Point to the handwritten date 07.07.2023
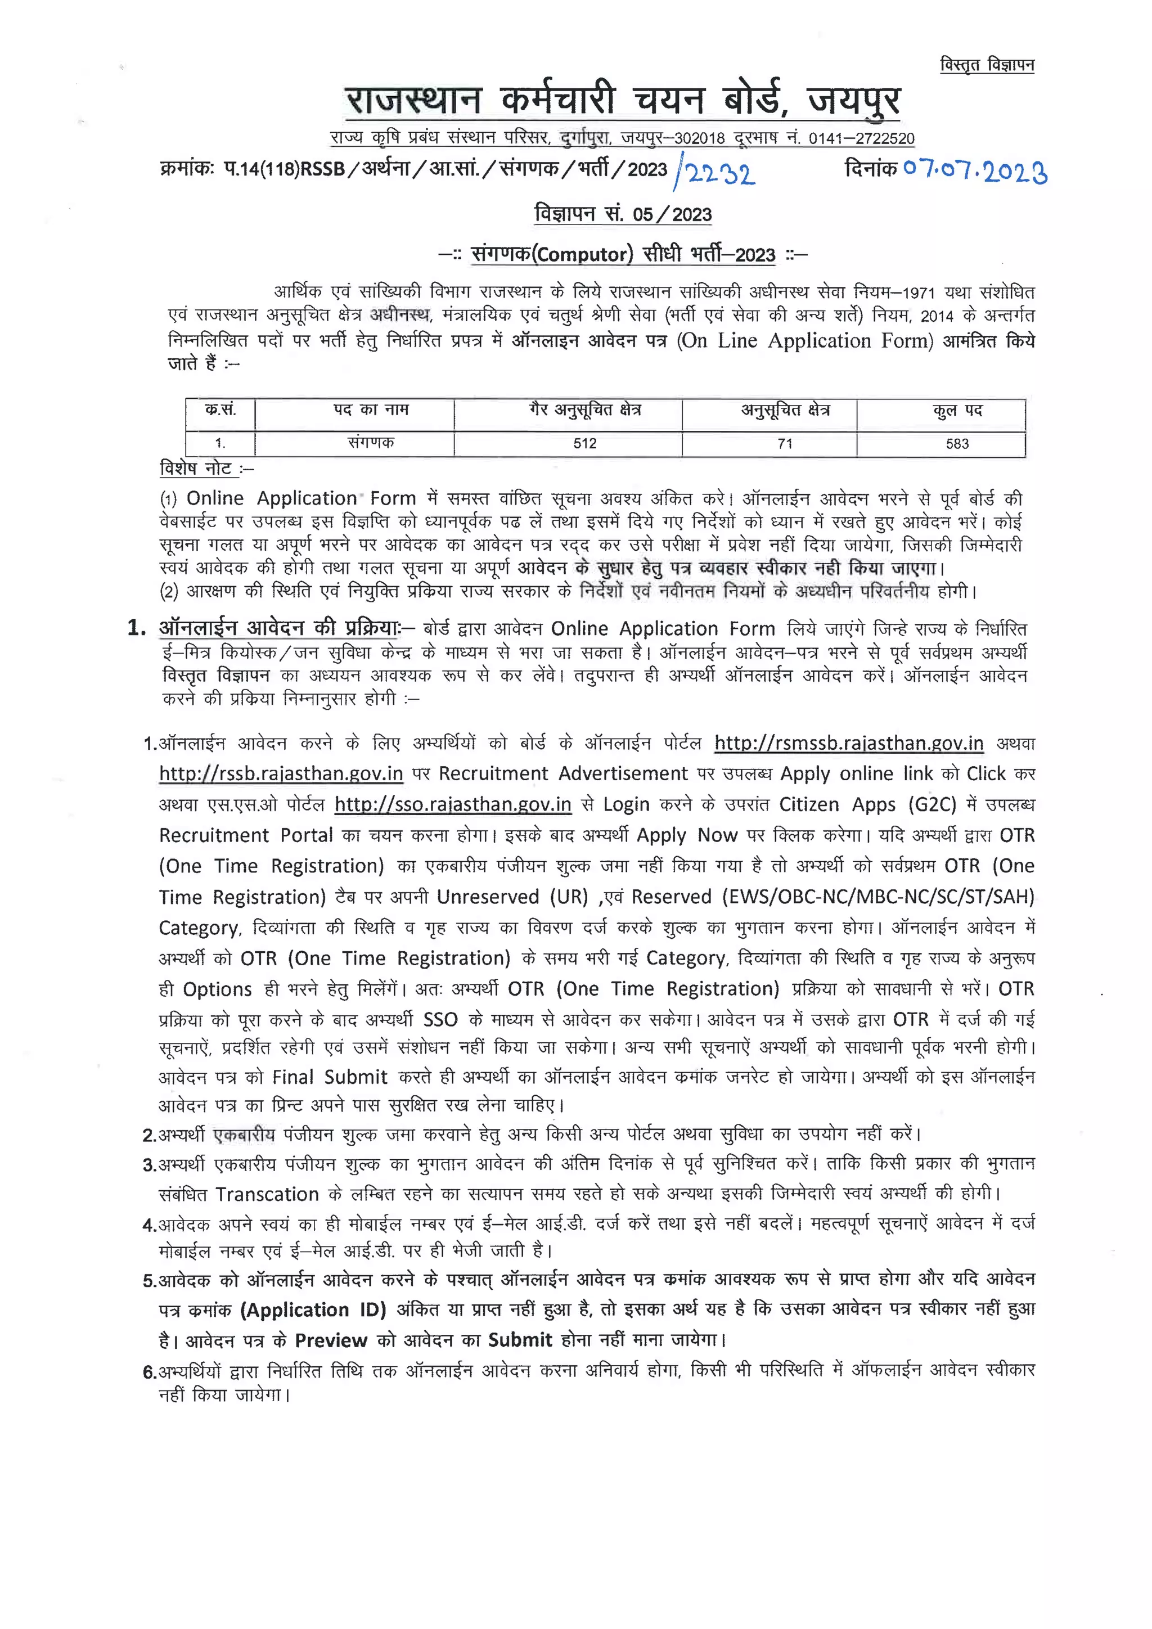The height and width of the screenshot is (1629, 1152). click(975, 170)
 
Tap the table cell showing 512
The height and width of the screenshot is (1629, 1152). click(584, 443)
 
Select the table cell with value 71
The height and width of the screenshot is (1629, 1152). click(785, 443)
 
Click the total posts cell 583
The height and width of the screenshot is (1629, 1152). click(957, 443)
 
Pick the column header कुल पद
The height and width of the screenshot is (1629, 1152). click(957, 411)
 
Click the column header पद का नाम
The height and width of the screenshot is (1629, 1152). click(371, 410)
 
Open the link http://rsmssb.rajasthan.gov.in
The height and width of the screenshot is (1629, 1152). click(848, 743)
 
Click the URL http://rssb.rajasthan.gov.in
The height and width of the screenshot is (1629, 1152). click(281, 773)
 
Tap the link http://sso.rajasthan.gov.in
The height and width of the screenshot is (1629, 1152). click(453, 804)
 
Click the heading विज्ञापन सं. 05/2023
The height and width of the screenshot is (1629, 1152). click(623, 214)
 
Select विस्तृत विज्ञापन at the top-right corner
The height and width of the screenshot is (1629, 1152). click(987, 65)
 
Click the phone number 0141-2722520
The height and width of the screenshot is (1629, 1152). click(861, 138)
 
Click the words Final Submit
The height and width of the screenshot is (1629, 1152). click(330, 1077)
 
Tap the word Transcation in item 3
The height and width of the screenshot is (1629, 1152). click(267, 1194)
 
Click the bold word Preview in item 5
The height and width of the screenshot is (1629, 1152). click(331, 1340)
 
